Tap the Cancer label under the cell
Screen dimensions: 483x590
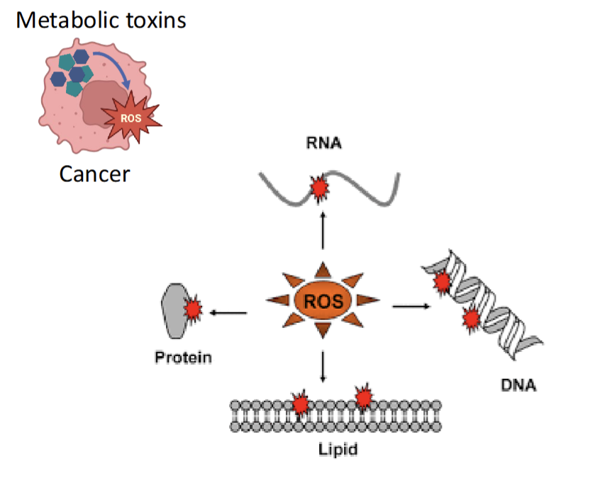(x=94, y=173)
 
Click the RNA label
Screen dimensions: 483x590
(x=325, y=144)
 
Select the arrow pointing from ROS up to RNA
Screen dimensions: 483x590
(x=323, y=230)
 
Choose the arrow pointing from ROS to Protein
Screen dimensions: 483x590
(x=228, y=312)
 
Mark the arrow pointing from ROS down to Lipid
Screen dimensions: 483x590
(x=323, y=365)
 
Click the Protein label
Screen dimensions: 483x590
(x=183, y=357)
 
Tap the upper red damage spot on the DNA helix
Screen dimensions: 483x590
(x=442, y=282)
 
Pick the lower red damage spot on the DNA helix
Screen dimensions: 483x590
(x=470, y=319)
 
